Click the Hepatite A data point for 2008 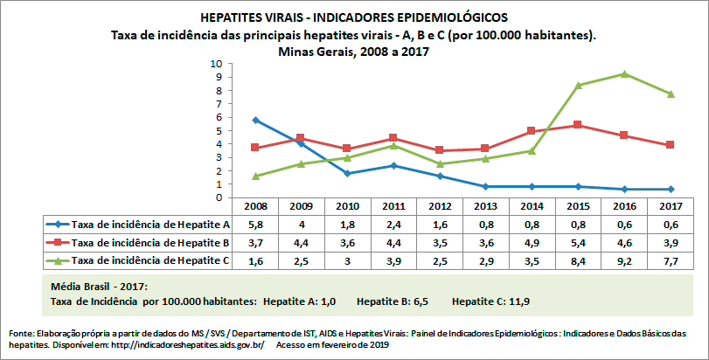click(255, 120)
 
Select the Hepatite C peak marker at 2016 click(622, 73)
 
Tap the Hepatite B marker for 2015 click(577, 125)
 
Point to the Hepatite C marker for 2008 click(255, 177)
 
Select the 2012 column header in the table click(439, 207)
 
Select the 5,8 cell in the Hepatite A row click(255, 225)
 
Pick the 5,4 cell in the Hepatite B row click(577, 242)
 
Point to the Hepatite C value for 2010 click(347, 260)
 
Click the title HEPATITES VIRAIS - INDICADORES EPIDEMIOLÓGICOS click(353, 17)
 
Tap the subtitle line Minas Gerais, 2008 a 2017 click(353, 52)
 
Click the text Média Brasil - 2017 click(99, 287)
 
